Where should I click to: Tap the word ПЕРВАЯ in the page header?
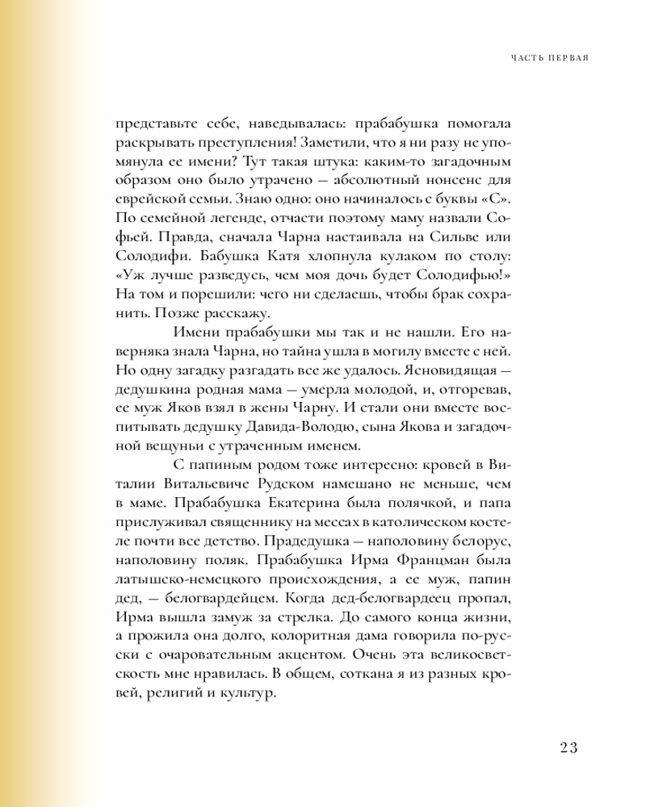pos(567,58)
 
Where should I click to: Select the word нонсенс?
pos(459,178)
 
